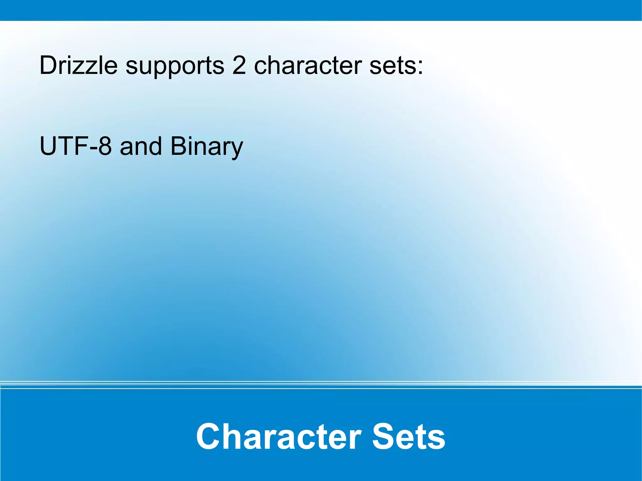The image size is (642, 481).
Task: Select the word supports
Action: point(175,66)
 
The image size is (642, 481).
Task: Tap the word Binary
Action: point(207,147)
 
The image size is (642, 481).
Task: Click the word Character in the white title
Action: point(279,437)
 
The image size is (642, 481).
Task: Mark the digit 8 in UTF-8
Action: point(104,146)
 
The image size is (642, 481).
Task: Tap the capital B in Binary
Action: point(178,146)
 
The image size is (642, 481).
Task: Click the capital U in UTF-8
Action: point(48,146)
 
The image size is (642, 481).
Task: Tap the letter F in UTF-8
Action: point(82,146)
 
